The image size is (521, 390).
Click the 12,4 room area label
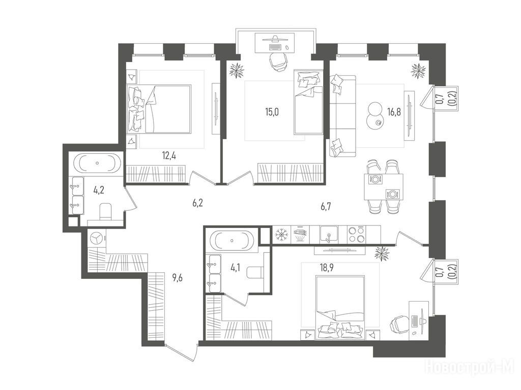click(x=169, y=155)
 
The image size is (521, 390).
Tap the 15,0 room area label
click(x=272, y=112)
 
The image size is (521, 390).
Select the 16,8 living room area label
click(x=394, y=112)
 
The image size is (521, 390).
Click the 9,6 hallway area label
click(x=178, y=278)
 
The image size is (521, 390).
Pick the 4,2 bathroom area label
click(x=98, y=191)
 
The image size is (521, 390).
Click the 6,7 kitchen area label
click(x=326, y=207)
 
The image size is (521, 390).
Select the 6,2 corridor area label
click(x=197, y=203)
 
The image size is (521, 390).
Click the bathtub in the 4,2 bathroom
click(x=97, y=163)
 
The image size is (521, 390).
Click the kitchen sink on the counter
click(x=329, y=234)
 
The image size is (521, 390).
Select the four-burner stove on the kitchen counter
click(x=357, y=234)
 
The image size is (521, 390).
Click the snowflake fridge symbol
click(x=281, y=235)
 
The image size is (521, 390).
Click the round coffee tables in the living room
click(x=375, y=114)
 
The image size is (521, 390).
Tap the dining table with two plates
click(x=383, y=187)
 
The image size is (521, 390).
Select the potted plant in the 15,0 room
click(x=237, y=70)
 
